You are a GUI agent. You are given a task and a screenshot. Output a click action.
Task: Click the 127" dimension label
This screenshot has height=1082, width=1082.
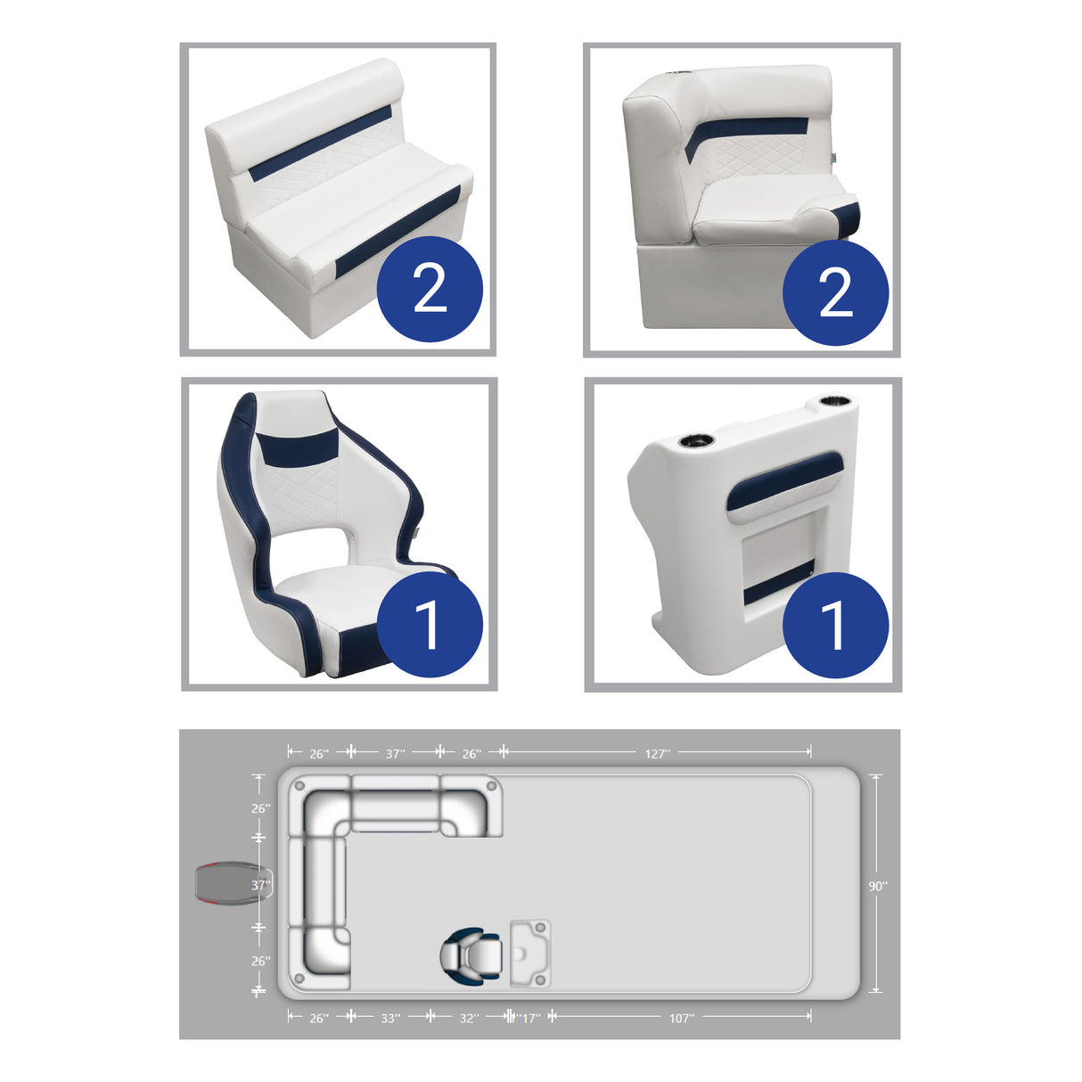click(x=657, y=753)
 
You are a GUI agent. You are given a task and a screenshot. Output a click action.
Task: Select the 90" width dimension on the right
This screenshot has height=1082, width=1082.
click(x=878, y=885)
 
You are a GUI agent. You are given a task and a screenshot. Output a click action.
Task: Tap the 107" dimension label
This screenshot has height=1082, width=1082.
click(x=682, y=1017)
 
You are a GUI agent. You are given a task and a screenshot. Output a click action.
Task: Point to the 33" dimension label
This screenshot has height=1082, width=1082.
click(x=390, y=1017)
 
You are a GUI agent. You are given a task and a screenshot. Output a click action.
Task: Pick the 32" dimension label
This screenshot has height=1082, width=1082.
click(x=469, y=1017)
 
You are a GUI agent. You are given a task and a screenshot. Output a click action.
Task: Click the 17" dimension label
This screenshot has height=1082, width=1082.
click(x=529, y=1017)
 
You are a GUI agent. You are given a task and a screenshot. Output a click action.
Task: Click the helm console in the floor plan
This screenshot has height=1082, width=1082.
click(x=530, y=955)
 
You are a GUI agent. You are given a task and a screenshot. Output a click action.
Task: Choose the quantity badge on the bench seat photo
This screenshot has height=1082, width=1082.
click(x=430, y=289)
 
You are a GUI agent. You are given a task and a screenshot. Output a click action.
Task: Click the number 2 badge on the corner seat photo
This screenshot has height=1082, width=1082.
click(x=835, y=292)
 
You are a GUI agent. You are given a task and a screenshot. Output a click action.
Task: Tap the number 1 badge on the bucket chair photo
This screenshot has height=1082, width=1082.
click(x=430, y=624)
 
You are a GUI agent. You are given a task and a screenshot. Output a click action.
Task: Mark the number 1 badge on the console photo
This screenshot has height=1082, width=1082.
click(x=835, y=624)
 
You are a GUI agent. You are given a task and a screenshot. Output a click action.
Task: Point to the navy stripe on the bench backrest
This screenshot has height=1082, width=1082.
click(x=321, y=143)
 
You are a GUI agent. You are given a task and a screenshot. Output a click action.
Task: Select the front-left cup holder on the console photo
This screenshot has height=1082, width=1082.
click(x=695, y=440)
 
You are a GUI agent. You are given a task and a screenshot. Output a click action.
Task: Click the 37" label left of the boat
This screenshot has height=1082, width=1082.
click(x=259, y=885)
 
